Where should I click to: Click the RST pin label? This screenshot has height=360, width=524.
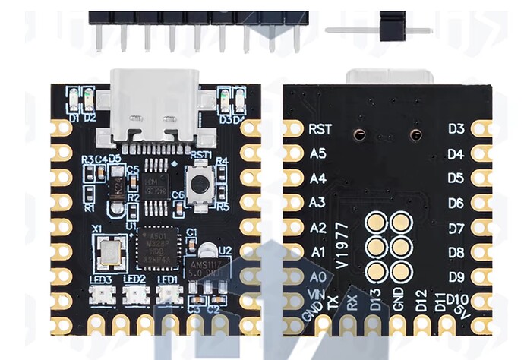[318, 130]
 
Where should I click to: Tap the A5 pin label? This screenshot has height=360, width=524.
[318, 153]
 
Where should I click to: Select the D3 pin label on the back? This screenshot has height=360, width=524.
[456, 129]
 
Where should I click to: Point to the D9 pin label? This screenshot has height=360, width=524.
[456, 276]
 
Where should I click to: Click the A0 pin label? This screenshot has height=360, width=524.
[318, 276]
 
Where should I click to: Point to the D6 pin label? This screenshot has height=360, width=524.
[456, 203]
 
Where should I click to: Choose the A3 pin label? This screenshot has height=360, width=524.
[318, 203]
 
